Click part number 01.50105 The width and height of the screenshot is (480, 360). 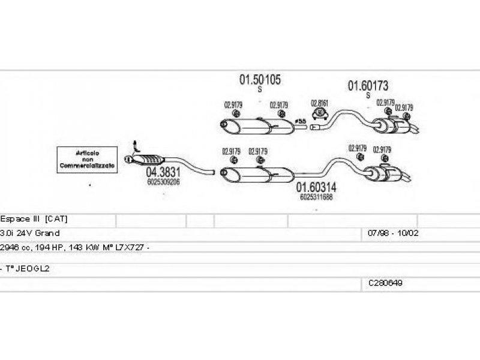click(260, 79)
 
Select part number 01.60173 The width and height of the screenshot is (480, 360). click(368, 86)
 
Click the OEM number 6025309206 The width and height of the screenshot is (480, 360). click(163, 182)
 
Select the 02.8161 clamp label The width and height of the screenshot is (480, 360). click(319, 103)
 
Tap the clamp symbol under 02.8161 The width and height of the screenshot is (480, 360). click(320, 113)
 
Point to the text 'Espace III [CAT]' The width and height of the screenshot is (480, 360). click(37, 219)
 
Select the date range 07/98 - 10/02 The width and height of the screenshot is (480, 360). click(388, 232)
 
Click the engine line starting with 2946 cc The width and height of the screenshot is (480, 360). click(74, 247)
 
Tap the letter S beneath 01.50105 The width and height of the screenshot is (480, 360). click(260, 89)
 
